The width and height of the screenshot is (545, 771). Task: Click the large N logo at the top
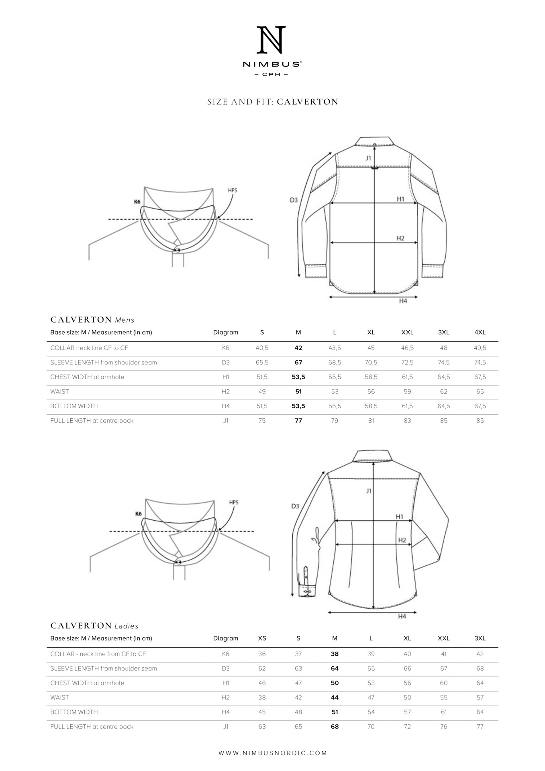click(x=271, y=40)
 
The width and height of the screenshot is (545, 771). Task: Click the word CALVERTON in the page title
click(x=307, y=102)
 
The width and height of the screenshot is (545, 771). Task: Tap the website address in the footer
click(x=273, y=753)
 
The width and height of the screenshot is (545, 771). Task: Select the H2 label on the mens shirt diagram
click(x=400, y=238)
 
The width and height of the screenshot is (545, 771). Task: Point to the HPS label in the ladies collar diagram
click(x=233, y=502)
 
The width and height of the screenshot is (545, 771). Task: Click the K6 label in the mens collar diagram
click(x=137, y=202)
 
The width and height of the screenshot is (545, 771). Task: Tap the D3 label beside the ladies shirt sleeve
click(x=295, y=506)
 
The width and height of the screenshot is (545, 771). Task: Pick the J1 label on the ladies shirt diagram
click(x=369, y=491)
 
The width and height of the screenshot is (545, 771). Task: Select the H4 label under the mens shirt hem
click(x=403, y=301)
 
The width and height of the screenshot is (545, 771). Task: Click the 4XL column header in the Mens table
click(x=480, y=332)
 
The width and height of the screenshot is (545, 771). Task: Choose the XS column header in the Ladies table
click(x=262, y=638)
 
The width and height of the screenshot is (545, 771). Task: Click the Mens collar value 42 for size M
click(x=298, y=348)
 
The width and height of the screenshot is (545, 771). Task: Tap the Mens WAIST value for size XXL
click(x=407, y=392)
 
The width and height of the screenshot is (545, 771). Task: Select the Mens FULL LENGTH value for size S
click(x=262, y=421)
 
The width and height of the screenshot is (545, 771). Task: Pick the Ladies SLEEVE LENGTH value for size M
click(x=335, y=669)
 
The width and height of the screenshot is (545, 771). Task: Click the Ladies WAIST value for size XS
click(x=262, y=697)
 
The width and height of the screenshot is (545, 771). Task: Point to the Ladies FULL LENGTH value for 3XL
click(x=480, y=726)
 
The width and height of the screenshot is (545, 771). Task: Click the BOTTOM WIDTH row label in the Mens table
click(x=74, y=406)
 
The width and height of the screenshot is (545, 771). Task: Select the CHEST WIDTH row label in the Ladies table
click(x=87, y=683)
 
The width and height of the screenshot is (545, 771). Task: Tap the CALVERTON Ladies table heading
click(x=94, y=626)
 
